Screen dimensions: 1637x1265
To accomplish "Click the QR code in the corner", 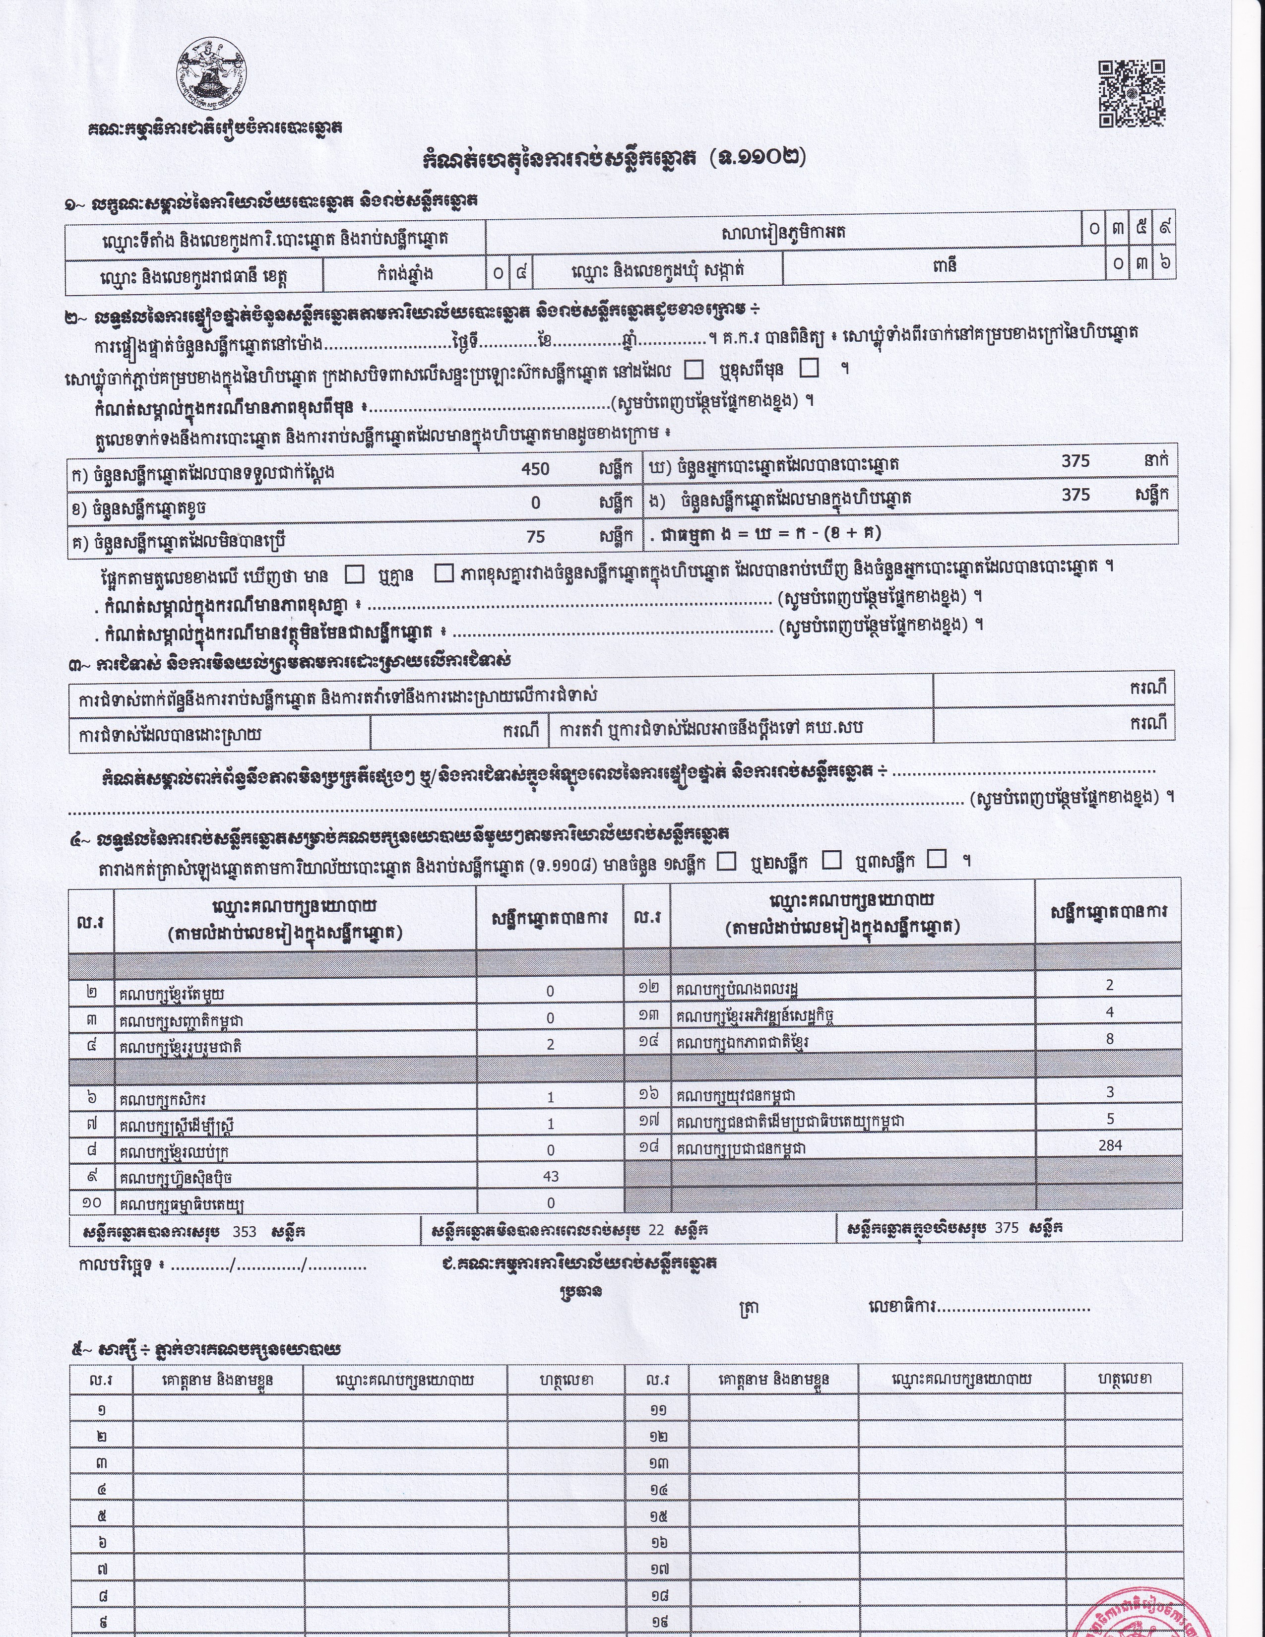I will click(x=1132, y=94).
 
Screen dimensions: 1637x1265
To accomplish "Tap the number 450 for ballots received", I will click(x=535, y=469).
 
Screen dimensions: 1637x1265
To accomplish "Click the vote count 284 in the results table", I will click(x=1110, y=1144).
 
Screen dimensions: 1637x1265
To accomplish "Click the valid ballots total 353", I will click(x=244, y=1231).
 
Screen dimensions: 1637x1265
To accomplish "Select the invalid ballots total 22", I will click(x=656, y=1230).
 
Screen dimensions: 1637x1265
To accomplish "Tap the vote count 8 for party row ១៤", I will click(x=1110, y=1038).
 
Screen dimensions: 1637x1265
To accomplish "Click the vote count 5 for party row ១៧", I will click(x=1110, y=1118).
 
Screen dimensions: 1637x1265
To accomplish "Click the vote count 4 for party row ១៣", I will click(x=1110, y=1012).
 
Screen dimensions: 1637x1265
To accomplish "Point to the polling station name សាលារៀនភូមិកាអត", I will click(x=783, y=234).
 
